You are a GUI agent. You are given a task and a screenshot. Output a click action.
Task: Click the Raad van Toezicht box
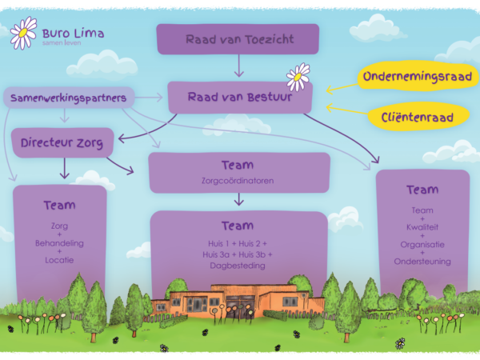tap(238, 39)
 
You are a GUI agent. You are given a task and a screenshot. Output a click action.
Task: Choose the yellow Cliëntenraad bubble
tap(417, 118)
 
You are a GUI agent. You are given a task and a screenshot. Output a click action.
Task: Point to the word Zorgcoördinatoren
tap(239, 181)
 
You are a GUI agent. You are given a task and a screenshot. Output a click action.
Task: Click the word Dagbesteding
tap(238, 265)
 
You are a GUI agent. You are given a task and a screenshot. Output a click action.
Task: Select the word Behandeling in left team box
tap(59, 242)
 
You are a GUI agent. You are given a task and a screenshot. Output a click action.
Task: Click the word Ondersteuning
tap(422, 261)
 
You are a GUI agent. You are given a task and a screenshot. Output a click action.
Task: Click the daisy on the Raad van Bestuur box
tap(298, 77)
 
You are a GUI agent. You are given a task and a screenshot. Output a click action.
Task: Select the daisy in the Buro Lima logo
tap(23, 33)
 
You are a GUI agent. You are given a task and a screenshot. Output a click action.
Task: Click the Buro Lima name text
tap(73, 34)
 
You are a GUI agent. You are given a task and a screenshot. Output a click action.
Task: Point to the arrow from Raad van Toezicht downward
tap(238, 66)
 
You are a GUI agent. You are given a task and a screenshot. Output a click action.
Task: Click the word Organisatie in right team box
tap(422, 244)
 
